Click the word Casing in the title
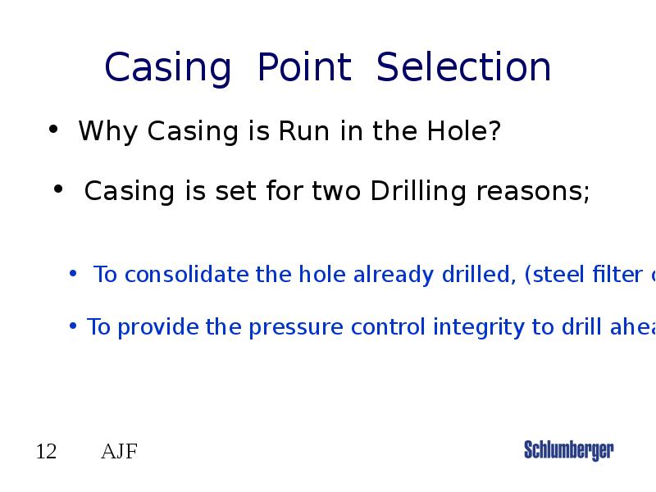tap(168, 68)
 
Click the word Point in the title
tap(304, 68)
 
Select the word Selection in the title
tap(463, 68)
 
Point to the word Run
tap(305, 131)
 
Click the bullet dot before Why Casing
tap(52, 130)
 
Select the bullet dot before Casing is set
tap(58, 190)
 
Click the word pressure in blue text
tap(296, 327)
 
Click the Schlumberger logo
tap(568, 450)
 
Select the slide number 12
tap(46, 452)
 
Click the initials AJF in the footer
tap(119, 452)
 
